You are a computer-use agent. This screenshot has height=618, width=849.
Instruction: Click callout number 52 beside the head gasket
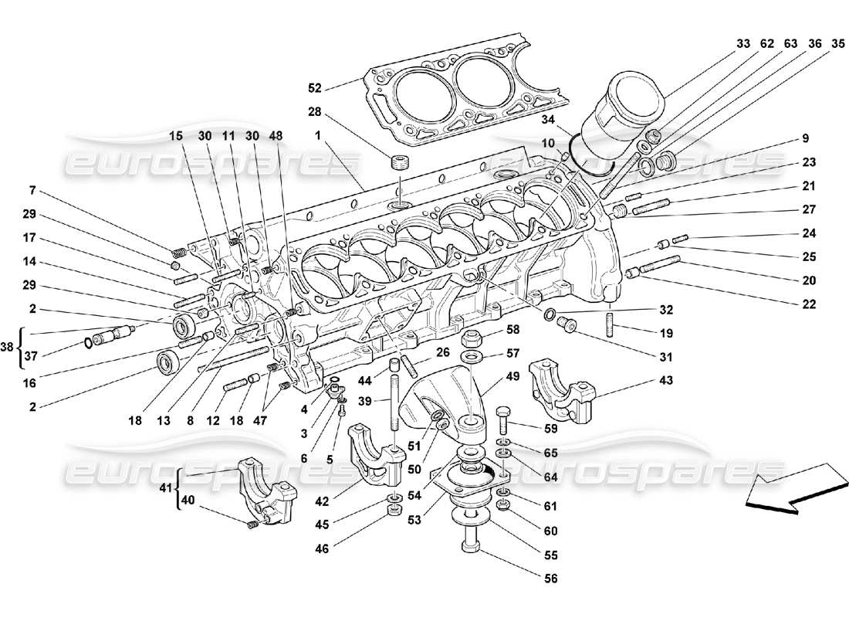tap(337, 87)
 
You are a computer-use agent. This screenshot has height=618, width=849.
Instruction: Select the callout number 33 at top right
tap(742, 45)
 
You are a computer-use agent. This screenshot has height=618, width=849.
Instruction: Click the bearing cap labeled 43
tap(568, 389)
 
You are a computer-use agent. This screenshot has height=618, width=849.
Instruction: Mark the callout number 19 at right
tap(665, 334)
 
